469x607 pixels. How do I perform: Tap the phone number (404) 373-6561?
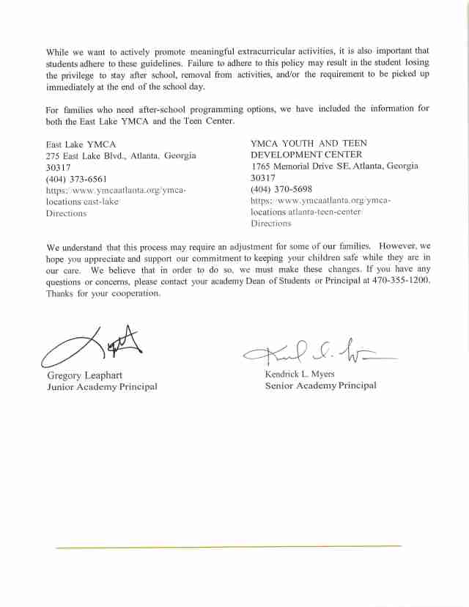click(76, 179)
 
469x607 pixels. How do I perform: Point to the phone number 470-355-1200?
click(400, 282)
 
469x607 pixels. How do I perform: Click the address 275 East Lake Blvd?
click(89, 155)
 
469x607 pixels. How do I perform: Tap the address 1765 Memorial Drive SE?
click(300, 166)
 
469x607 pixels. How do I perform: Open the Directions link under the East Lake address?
click(66, 213)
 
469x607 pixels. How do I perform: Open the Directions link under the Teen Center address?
click(271, 224)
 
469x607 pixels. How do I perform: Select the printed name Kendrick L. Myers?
click(299, 374)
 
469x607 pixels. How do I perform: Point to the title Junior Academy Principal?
click(102, 387)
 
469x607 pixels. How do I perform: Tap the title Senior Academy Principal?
click(320, 386)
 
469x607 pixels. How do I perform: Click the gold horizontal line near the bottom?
click(229, 547)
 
